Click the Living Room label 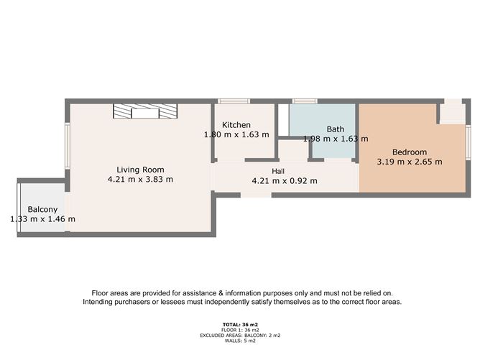[x=140, y=169]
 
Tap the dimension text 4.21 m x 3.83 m [x=140, y=180]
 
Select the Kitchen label [x=236, y=125]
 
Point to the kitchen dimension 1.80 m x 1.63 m [x=236, y=134]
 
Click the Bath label [x=335, y=129]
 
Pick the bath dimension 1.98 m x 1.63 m [x=335, y=139]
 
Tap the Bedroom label [x=410, y=152]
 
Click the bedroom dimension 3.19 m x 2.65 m [x=410, y=162]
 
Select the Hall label [x=278, y=171]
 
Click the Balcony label [x=43, y=210]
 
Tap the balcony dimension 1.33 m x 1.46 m [x=43, y=219]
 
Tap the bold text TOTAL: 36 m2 [x=241, y=326]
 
